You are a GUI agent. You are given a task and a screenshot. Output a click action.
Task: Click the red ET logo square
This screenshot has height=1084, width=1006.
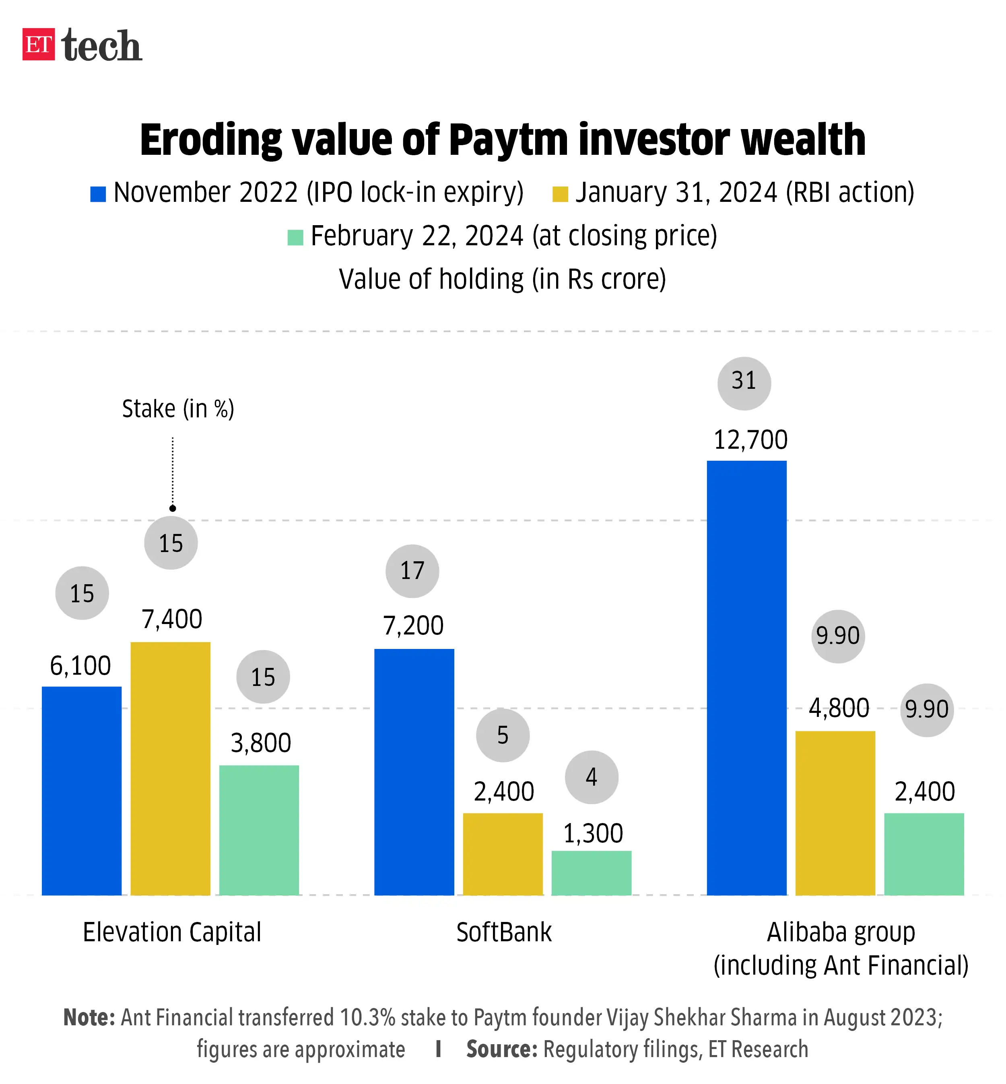38,44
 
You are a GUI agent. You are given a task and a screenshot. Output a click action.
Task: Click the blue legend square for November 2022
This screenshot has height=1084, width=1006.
98,194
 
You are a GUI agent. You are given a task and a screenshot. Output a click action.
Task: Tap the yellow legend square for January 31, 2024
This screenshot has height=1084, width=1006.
560,194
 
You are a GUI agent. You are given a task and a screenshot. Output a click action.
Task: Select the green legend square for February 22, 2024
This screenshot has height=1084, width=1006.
295,238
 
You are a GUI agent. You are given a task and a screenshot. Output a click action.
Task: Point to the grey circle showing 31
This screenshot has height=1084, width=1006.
744,384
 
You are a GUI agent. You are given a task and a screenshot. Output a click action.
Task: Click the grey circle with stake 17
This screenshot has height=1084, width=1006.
412,571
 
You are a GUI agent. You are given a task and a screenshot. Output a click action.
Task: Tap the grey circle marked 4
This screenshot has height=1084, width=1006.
592,777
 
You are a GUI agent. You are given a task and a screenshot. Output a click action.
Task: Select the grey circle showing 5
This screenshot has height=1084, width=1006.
503,735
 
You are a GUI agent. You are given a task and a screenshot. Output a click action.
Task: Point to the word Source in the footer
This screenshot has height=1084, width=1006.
501,1050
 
